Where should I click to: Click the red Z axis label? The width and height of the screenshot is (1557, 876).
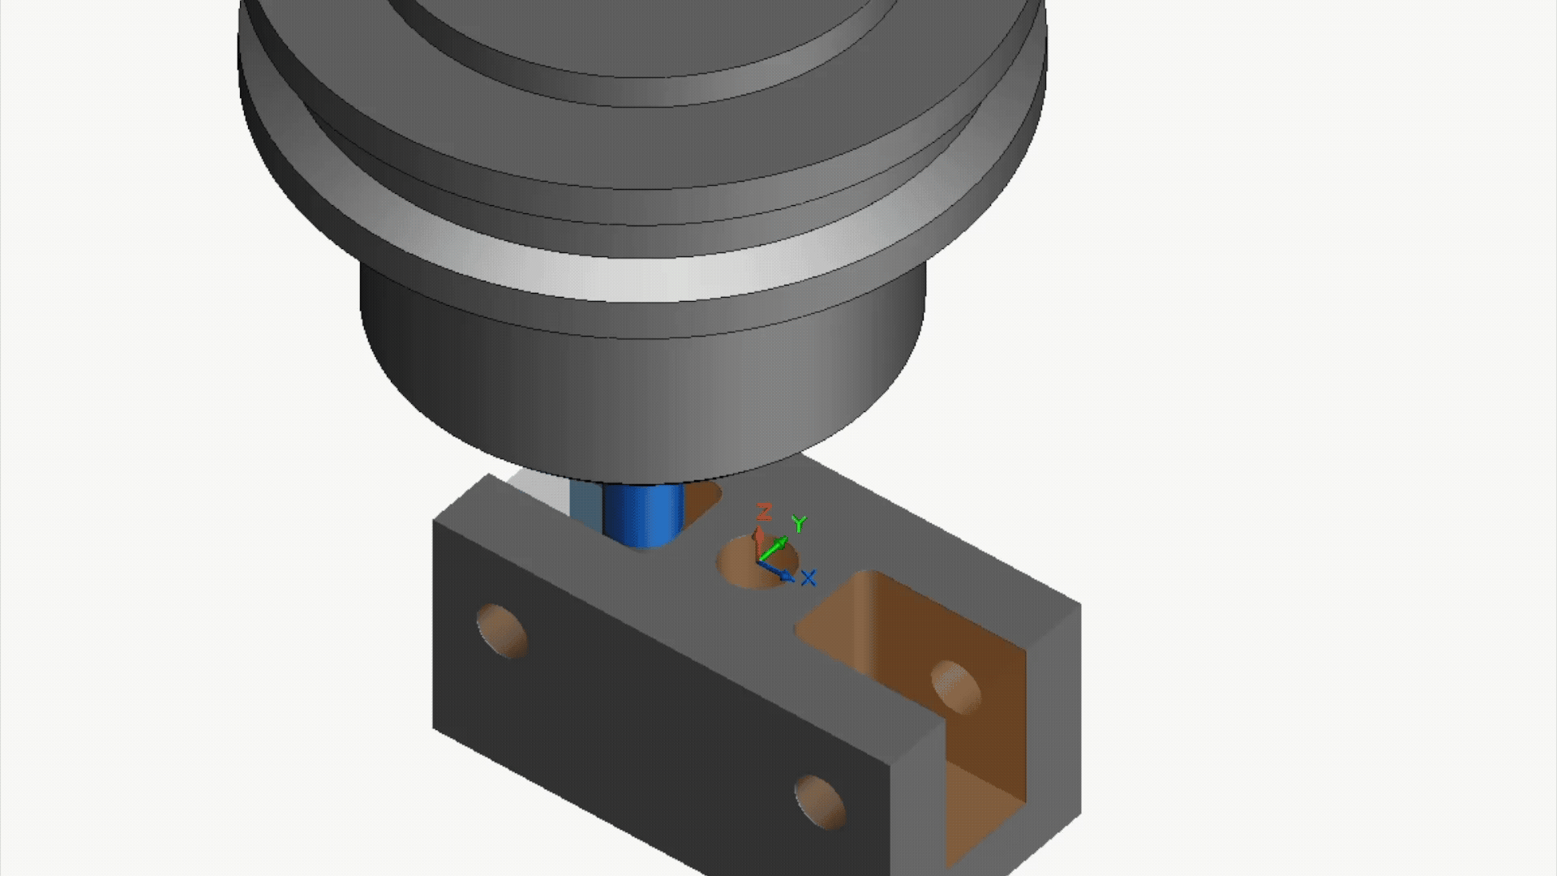(x=763, y=511)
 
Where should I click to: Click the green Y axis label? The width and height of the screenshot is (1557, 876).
(x=800, y=524)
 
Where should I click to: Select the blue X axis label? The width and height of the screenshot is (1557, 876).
(x=808, y=578)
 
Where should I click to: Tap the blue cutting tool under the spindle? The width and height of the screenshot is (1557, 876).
(x=645, y=515)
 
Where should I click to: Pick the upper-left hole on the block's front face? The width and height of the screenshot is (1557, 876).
(x=501, y=630)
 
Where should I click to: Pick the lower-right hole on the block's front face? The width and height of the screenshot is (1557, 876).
(x=819, y=801)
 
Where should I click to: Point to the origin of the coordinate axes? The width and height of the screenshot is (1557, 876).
(x=758, y=560)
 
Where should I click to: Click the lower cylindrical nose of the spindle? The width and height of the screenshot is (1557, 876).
(x=641, y=381)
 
